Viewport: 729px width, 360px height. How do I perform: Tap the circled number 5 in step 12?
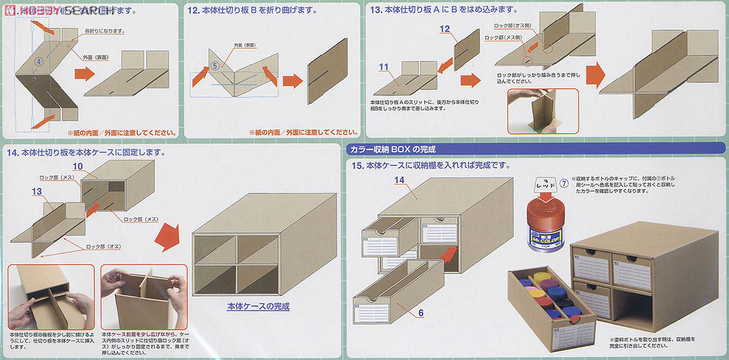[x=215, y=65]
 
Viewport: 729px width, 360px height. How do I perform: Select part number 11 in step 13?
[x=383, y=67]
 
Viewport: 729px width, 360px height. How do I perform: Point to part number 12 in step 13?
[x=444, y=29]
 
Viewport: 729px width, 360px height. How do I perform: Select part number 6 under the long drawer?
[x=420, y=313]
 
